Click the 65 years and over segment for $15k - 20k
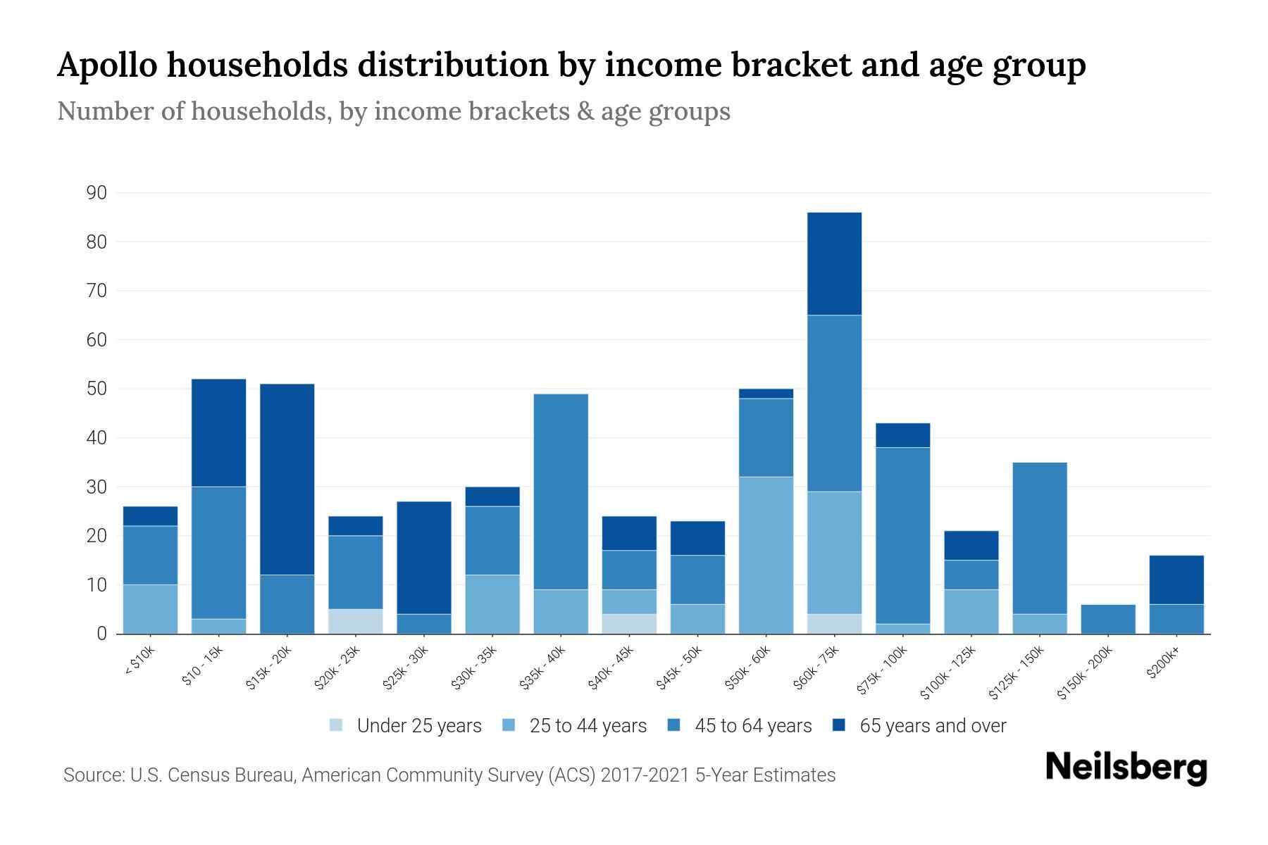pyautogui.click(x=287, y=479)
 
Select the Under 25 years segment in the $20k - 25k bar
pyautogui.click(x=356, y=621)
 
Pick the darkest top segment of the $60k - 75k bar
pyautogui.click(x=834, y=263)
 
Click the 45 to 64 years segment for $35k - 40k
pyautogui.click(x=561, y=492)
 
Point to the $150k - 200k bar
pyautogui.click(x=1108, y=619)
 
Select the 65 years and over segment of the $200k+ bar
pyautogui.click(x=1176, y=580)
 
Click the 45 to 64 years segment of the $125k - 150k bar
pyautogui.click(x=1040, y=538)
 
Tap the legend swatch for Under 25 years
pyautogui.click(x=337, y=725)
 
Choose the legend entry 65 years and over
pyautogui.click(x=932, y=726)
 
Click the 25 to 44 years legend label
pyautogui.click(x=588, y=726)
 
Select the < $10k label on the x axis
pyautogui.click(x=140, y=662)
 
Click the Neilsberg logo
pyautogui.click(x=1126, y=768)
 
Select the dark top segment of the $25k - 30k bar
pyautogui.click(x=424, y=557)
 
